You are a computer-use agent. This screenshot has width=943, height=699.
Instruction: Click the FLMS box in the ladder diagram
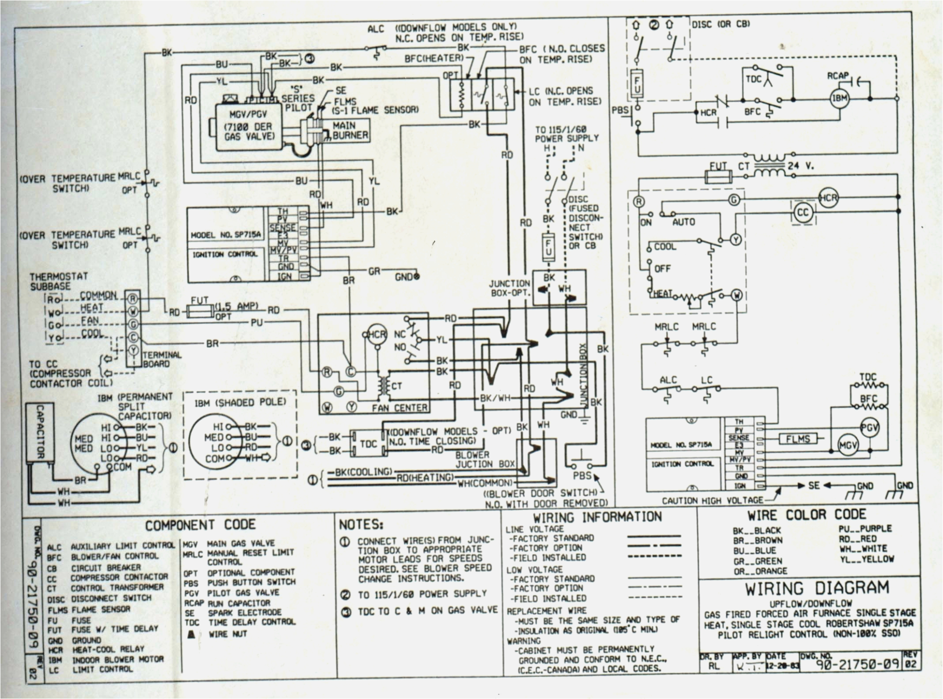point(798,439)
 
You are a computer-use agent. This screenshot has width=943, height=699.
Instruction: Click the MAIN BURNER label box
point(350,130)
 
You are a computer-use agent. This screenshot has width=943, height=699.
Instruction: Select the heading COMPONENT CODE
point(200,526)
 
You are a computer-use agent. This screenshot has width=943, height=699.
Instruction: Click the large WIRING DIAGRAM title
point(816,588)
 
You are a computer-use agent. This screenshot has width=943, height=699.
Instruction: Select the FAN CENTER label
point(399,408)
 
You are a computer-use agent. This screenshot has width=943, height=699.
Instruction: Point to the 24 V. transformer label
point(800,166)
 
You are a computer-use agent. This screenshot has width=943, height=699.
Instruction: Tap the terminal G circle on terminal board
point(133,324)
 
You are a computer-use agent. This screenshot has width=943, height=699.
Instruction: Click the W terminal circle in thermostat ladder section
point(736,295)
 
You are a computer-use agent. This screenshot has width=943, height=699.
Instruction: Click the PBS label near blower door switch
point(581,476)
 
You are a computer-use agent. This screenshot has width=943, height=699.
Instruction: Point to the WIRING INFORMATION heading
point(597,517)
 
